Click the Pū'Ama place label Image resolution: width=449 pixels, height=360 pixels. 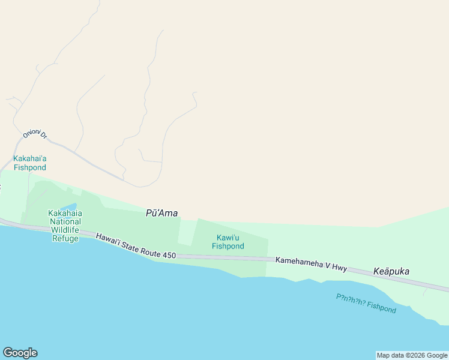point(162,213)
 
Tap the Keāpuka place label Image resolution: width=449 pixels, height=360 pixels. point(391,271)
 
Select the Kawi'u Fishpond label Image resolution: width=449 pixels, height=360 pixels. point(228,242)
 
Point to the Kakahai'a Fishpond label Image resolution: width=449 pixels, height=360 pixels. point(30,163)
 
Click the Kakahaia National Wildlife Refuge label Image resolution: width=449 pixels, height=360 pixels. point(65,226)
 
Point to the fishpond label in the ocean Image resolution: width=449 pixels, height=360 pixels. point(366,303)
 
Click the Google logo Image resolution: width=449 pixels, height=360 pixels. point(20,353)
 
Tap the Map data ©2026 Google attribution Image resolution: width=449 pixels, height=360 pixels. point(412,355)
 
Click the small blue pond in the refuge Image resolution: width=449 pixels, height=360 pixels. point(70,207)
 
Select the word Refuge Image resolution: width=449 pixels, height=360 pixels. point(65,238)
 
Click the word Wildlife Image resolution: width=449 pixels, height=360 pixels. point(65,230)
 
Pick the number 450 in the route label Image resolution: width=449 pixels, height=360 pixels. point(169,255)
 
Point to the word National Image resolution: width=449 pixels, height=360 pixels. point(65,221)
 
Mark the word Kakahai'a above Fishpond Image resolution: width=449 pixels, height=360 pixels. point(30,158)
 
